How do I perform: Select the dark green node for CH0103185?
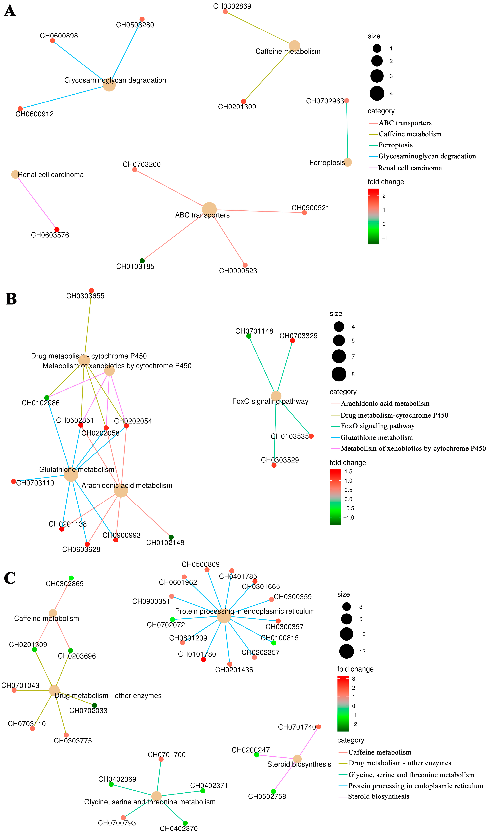(x=142, y=261)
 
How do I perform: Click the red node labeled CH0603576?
(x=57, y=229)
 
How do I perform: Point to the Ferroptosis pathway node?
(x=347, y=162)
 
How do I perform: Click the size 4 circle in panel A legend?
(x=377, y=93)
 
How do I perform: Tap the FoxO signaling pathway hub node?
(x=276, y=396)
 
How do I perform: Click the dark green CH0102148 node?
(x=171, y=537)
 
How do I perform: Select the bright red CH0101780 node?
(x=203, y=660)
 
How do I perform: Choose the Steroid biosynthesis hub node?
(x=297, y=759)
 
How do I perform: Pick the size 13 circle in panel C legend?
(x=346, y=651)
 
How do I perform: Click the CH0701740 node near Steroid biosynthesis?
(x=319, y=727)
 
